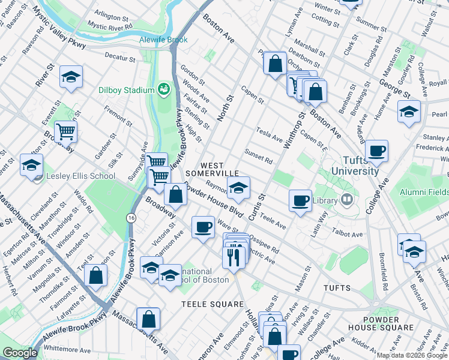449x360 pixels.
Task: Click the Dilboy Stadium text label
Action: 126,91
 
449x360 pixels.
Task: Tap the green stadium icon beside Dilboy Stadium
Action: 163,90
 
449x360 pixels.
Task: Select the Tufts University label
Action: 352,166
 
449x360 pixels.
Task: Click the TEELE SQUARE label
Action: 212,304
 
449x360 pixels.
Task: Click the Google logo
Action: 19,353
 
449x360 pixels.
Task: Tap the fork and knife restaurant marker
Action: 232,256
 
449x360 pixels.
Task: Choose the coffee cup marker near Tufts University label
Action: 376,151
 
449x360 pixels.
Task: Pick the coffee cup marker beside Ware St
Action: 203,227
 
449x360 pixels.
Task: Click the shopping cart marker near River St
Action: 66,131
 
